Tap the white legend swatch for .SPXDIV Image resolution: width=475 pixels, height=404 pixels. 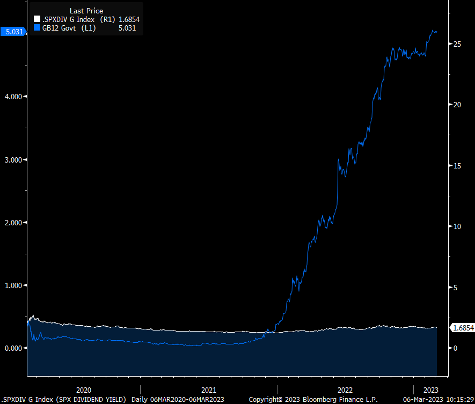click(37, 19)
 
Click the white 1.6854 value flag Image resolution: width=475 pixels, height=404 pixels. click(462, 328)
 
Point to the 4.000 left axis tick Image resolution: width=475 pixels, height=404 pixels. click(13, 97)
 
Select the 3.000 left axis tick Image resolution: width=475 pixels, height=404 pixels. click(13, 160)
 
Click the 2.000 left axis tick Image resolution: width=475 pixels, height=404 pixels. click(13, 223)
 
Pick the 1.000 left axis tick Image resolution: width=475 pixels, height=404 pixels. click(13, 285)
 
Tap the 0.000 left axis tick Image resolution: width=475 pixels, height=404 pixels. click(13, 348)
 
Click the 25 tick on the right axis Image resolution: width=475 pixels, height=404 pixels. click(457, 44)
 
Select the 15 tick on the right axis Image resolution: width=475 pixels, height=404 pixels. click(457, 166)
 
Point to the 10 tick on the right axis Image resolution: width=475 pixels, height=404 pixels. click(457, 226)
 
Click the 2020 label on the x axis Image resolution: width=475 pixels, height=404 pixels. click(84, 390)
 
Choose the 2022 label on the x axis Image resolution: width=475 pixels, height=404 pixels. click(345, 390)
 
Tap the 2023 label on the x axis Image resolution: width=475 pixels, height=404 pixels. click(431, 390)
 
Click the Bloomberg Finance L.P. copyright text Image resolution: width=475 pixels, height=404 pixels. click(313, 400)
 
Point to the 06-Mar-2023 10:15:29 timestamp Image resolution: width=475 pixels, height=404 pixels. click(437, 400)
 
